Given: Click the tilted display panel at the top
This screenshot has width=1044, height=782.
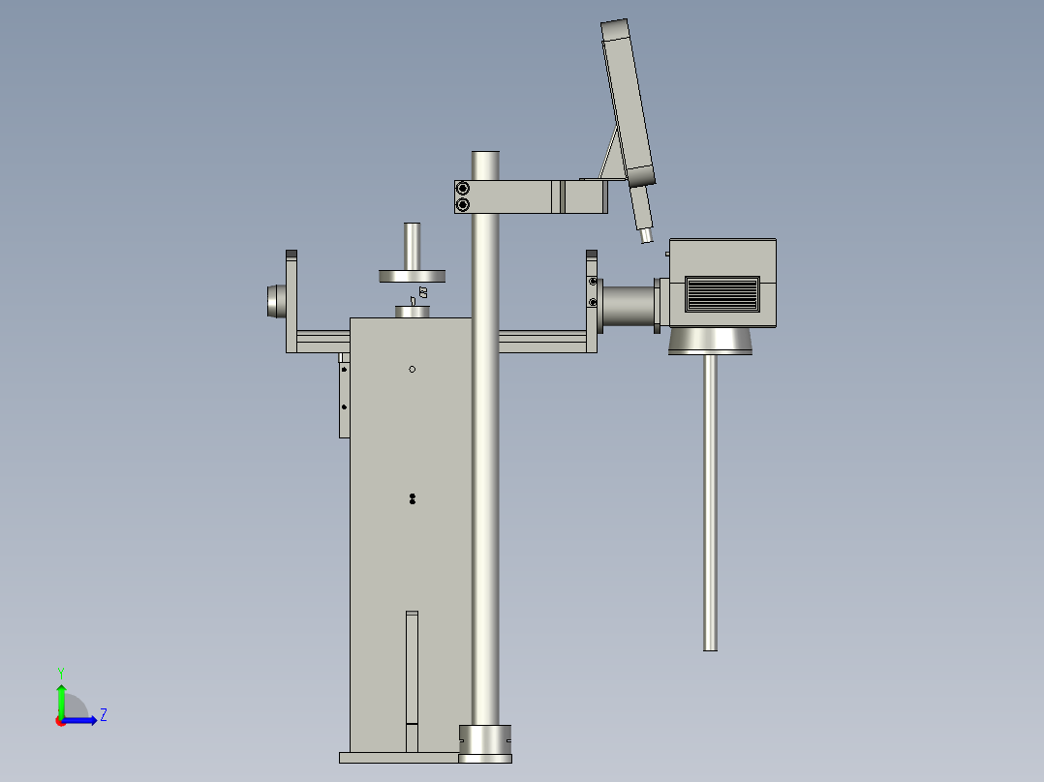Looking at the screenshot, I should [x=627, y=102].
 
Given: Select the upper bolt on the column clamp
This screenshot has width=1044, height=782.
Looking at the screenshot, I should [x=463, y=188].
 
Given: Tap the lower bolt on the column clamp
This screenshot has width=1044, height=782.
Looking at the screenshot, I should [x=463, y=204].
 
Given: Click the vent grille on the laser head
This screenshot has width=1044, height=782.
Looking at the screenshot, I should [x=722, y=293].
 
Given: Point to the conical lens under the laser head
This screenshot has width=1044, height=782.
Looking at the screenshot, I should [x=711, y=341].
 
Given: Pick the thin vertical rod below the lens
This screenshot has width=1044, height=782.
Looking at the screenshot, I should [x=710, y=503].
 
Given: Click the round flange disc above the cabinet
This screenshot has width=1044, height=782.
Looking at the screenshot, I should [x=413, y=277].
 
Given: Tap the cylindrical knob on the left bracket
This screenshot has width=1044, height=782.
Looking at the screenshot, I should [x=275, y=301].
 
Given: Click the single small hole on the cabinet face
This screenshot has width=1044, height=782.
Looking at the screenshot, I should [x=413, y=369].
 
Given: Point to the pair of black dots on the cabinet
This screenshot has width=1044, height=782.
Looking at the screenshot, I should [x=413, y=498].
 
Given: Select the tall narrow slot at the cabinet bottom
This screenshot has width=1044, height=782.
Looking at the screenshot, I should [x=413, y=677].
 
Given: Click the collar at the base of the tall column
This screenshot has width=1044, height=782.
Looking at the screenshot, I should [x=484, y=741].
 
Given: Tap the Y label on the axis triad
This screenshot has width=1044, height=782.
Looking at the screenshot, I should [x=60, y=672].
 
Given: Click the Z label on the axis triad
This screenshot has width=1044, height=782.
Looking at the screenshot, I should [x=103, y=715].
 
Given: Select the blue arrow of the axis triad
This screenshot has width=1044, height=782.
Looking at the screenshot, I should [x=82, y=720].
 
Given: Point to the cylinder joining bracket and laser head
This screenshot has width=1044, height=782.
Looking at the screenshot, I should [x=629, y=304].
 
